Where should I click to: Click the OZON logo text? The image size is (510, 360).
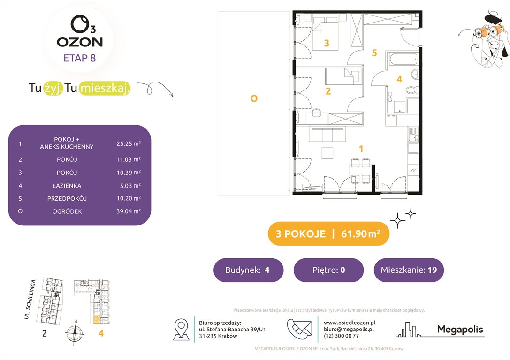80,42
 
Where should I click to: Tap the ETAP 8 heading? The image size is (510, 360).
80,59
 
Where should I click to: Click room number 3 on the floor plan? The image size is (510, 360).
327,44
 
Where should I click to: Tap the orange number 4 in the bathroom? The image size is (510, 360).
399,80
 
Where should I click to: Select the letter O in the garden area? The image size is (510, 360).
254,98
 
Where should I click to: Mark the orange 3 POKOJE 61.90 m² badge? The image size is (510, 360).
328,234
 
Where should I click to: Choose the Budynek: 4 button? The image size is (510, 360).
248,270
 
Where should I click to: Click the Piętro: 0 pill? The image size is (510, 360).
328,270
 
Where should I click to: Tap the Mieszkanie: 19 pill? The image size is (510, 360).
409,270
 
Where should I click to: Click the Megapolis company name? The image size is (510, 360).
460,330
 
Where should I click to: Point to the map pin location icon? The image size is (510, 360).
181,329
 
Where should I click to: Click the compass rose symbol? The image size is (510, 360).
74,335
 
